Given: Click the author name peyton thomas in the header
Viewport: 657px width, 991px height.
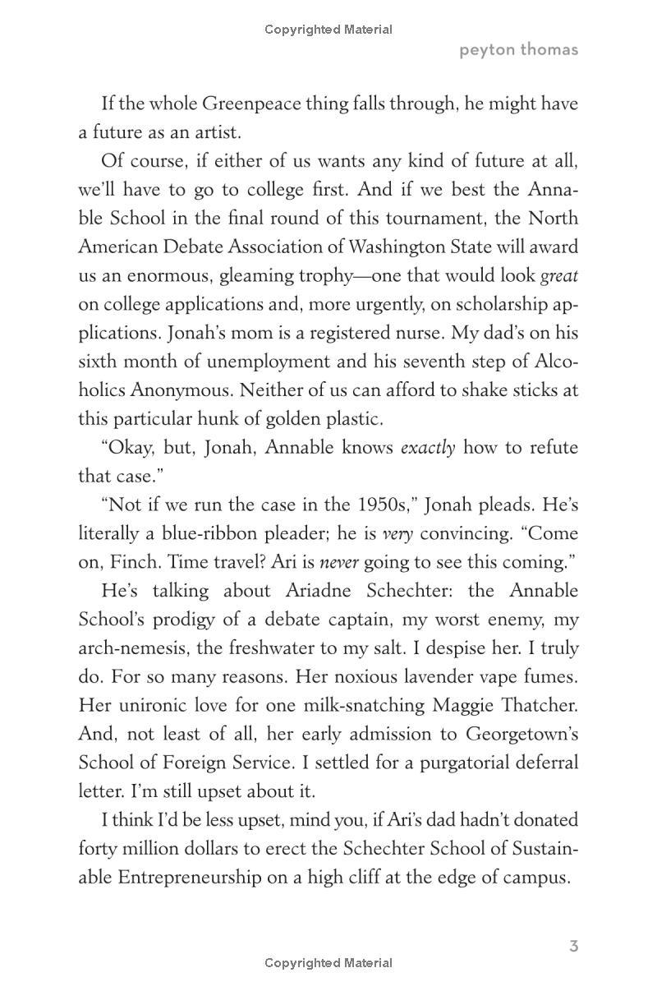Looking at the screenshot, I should (518, 49).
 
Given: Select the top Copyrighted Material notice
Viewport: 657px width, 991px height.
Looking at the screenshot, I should (328, 30).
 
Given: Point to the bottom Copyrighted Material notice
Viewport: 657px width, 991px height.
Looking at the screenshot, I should (328, 963).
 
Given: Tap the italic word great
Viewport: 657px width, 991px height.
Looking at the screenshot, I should (558, 275).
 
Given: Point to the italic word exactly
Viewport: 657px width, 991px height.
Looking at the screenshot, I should (427, 448).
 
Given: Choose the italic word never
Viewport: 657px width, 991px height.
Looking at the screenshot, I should (338, 563).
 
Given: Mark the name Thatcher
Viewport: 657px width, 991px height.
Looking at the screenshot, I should (537, 705).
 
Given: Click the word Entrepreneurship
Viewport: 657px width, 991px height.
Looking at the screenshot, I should (210, 877).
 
